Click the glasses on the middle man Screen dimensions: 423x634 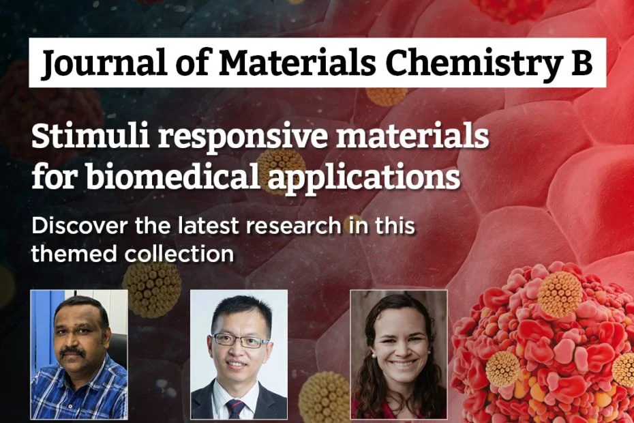point(240,339)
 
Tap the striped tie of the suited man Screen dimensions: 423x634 point(236,407)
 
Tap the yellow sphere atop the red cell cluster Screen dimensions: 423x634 point(560,294)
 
